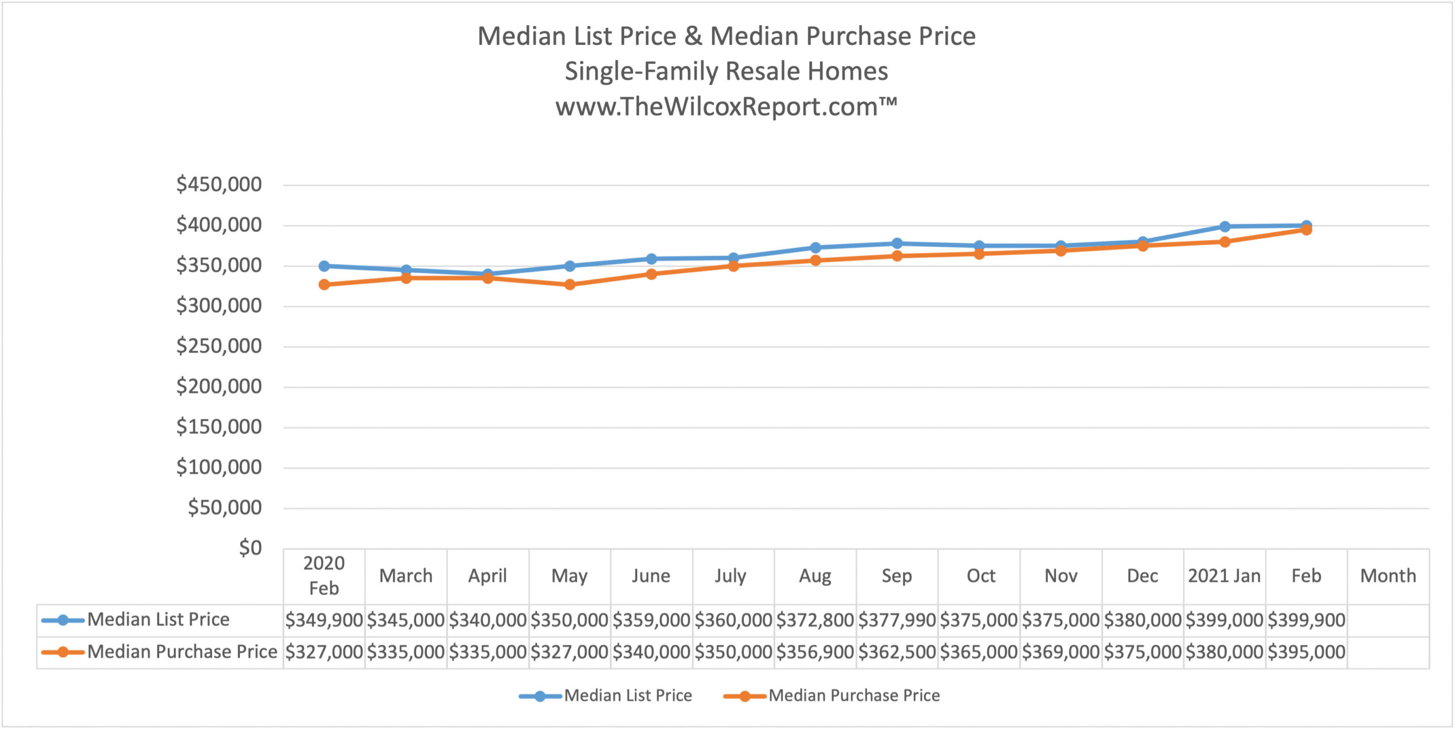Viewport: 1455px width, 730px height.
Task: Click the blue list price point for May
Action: click(569, 266)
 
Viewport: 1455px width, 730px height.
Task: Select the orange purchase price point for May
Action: click(569, 284)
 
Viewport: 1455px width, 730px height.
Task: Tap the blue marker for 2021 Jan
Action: click(1225, 226)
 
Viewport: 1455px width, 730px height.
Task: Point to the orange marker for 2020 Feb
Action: click(324, 284)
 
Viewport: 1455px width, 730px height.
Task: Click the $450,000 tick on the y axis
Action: click(219, 184)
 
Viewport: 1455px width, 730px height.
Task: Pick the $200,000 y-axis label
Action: click(219, 387)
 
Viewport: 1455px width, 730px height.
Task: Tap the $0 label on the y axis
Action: click(250, 548)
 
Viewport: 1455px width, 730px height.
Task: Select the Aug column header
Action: click(815, 576)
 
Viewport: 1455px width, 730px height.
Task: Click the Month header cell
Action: click(1388, 576)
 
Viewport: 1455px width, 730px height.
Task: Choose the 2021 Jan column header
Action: click(1224, 576)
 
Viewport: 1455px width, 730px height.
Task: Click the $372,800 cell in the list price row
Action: click(815, 620)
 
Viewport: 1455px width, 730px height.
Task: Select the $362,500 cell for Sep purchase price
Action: click(897, 652)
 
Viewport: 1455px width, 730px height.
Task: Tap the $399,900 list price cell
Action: click(1306, 620)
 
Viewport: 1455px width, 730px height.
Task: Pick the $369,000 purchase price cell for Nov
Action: click(1061, 652)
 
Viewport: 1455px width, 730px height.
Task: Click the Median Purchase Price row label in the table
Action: click(182, 652)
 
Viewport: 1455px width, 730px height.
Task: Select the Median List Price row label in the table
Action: click(158, 620)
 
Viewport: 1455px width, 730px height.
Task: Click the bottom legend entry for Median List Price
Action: click(627, 695)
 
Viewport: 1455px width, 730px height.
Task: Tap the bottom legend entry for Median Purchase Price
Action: click(854, 695)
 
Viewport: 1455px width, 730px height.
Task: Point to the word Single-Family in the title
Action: click(642, 72)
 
